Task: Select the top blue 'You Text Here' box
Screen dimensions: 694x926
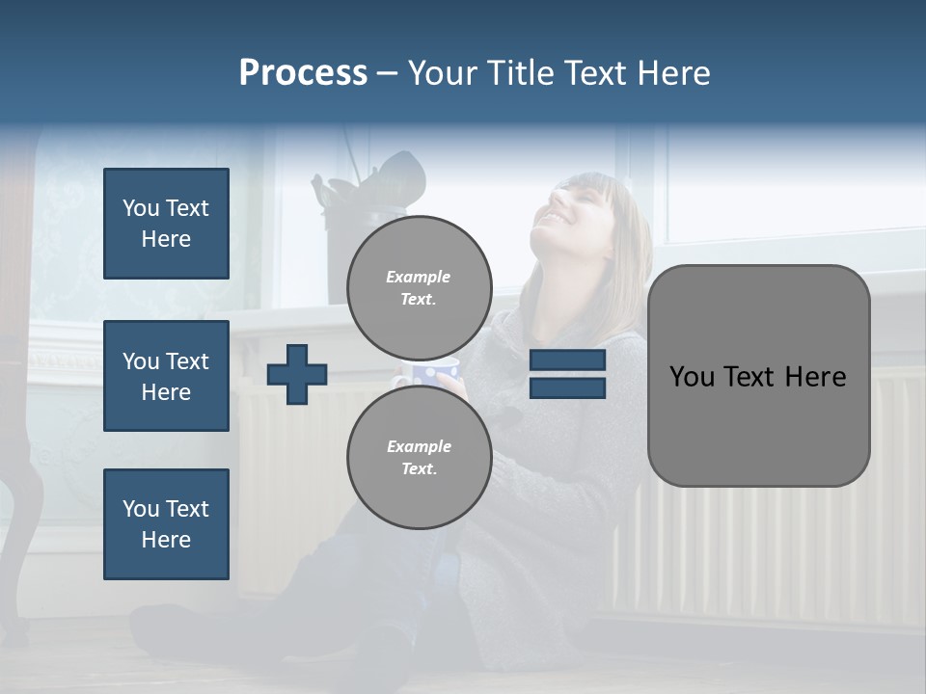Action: (x=166, y=224)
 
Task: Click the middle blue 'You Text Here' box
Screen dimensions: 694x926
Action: (x=166, y=376)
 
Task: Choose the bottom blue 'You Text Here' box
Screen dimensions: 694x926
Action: (x=166, y=523)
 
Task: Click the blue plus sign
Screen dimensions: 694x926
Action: (x=297, y=374)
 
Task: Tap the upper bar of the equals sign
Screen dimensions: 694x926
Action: (x=567, y=360)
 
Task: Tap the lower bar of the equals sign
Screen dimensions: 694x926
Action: (x=567, y=387)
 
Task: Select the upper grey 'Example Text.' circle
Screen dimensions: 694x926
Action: (x=419, y=287)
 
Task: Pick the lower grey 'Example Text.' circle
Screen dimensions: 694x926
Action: (x=419, y=457)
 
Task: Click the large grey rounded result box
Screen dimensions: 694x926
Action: (x=758, y=376)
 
